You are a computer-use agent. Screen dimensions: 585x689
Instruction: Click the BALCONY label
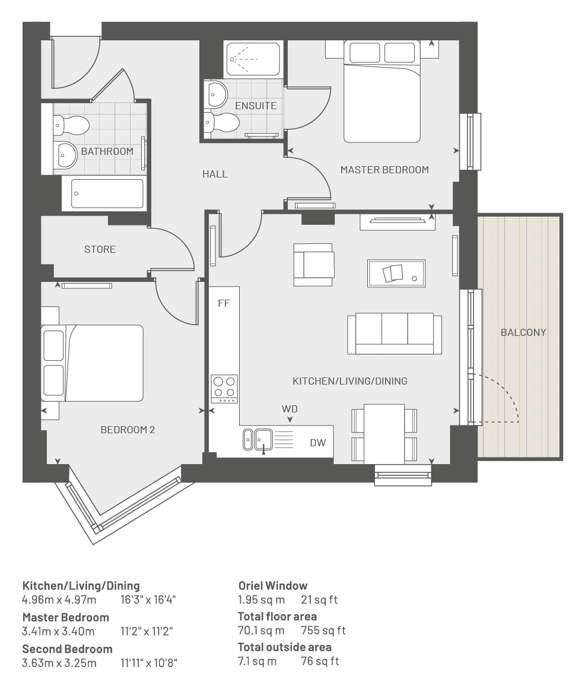[523, 333]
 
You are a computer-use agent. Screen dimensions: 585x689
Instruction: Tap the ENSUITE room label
[256, 106]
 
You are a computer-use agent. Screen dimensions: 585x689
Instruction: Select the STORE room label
[100, 250]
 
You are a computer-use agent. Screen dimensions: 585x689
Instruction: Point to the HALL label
[215, 174]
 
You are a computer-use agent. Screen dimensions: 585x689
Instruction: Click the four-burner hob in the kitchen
[224, 389]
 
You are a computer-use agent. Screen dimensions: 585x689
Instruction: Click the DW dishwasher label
[318, 443]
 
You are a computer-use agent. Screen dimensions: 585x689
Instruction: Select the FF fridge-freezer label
[224, 303]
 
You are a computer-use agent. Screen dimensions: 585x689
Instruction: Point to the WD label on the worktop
[290, 409]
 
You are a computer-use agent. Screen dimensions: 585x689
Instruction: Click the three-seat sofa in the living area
[395, 334]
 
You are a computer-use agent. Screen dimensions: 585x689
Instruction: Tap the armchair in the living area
[314, 265]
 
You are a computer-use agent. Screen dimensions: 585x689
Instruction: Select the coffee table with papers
[396, 273]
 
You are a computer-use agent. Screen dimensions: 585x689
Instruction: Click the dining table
[384, 434]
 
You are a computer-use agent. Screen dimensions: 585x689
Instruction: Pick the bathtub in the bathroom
[107, 193]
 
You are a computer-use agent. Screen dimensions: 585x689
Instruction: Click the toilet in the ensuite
[222, 121]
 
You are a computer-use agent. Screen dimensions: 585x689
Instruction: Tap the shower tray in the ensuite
[253, 59]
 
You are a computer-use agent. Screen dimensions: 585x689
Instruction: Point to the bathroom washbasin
[65, 155]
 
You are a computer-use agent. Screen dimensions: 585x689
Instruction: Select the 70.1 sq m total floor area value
[261, 631]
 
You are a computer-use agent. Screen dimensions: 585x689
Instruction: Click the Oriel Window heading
[273, 586]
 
